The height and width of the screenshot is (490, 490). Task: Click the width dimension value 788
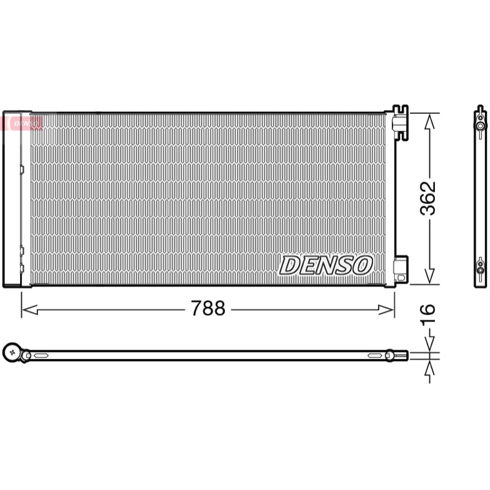click(x=208, y=308)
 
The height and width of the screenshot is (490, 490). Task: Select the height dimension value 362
click(x=428, y=198)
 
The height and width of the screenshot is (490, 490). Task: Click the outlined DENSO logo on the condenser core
click(x=326, y=265)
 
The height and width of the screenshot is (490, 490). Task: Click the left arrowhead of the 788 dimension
click(x=29, y=310)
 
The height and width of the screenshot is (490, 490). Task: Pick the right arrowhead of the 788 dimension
click(x=386, y=310)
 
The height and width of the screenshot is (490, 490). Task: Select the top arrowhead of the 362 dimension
click(x=430, y=121)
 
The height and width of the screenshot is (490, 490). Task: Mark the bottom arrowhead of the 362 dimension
click(x=430, y=276)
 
